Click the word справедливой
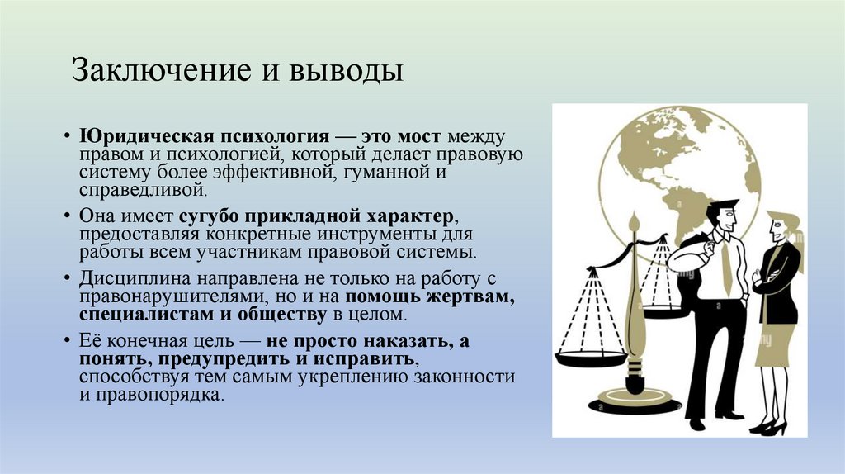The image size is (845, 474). pos(141,189)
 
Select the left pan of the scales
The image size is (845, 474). pos(590,358)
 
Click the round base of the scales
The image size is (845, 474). pos(635,404)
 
